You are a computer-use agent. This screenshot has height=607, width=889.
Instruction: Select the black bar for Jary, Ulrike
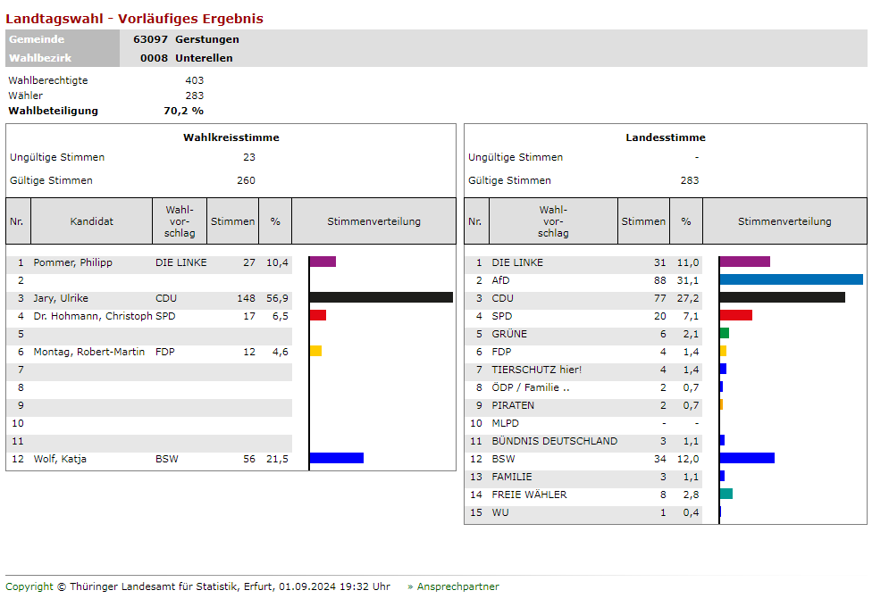(x=382, y=297)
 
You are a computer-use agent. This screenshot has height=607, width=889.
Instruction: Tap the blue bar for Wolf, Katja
(x=337, y=458)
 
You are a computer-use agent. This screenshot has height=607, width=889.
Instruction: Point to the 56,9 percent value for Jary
(x=277, y=298)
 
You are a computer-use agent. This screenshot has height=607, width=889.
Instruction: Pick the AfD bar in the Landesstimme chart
(x=791, y=279)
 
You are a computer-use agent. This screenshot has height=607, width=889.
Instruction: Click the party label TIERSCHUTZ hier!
(x=535, y=370)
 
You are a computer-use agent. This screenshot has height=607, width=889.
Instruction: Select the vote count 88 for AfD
(x=659, y=280)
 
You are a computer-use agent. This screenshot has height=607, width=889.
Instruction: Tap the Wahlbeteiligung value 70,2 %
(x=183, y=111)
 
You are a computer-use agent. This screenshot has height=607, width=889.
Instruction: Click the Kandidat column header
(x=92, y=221)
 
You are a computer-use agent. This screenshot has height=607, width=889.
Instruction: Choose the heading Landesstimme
(x=666, y=137)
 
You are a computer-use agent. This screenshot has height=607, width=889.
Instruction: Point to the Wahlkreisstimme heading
(x=231, y=137)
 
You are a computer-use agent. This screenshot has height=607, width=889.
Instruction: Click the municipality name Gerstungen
(x=207, y=39)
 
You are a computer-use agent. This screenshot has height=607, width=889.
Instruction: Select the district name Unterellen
(x=204, y=58)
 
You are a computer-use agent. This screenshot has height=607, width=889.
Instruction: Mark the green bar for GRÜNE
(x=725, y=333)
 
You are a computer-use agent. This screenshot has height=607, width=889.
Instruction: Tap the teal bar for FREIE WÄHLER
(x=726, y=494)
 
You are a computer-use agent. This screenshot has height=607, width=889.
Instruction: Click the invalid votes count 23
(x=248, y=157)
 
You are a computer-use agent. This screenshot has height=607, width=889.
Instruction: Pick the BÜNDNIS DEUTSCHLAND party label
(x=554, y=441)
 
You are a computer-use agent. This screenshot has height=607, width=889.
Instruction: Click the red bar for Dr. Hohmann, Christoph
(x=318, y=315)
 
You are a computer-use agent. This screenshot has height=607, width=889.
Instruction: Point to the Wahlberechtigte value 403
(x=194, y=80)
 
